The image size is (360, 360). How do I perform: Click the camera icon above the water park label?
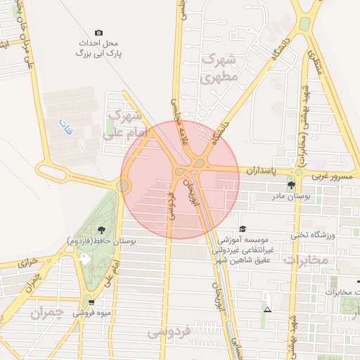click(x=98, y=32)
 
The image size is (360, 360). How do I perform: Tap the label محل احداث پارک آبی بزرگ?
click(x=98, y=48)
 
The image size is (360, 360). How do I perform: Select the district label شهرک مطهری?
click(x=220, y=69)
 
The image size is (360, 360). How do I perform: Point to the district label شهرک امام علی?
click(x=125, y=122)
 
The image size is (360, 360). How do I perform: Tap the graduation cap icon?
click(x=243, y=229)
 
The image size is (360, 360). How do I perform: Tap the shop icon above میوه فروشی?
click(x=91, y=302)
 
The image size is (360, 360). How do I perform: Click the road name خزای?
click(x=27, y=264)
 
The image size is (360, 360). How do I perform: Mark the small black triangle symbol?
click(x=266, y=309)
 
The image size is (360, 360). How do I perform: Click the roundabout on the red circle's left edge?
click(x=124, y=185)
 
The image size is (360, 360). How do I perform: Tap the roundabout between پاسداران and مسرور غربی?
click(x=299, y=171)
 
